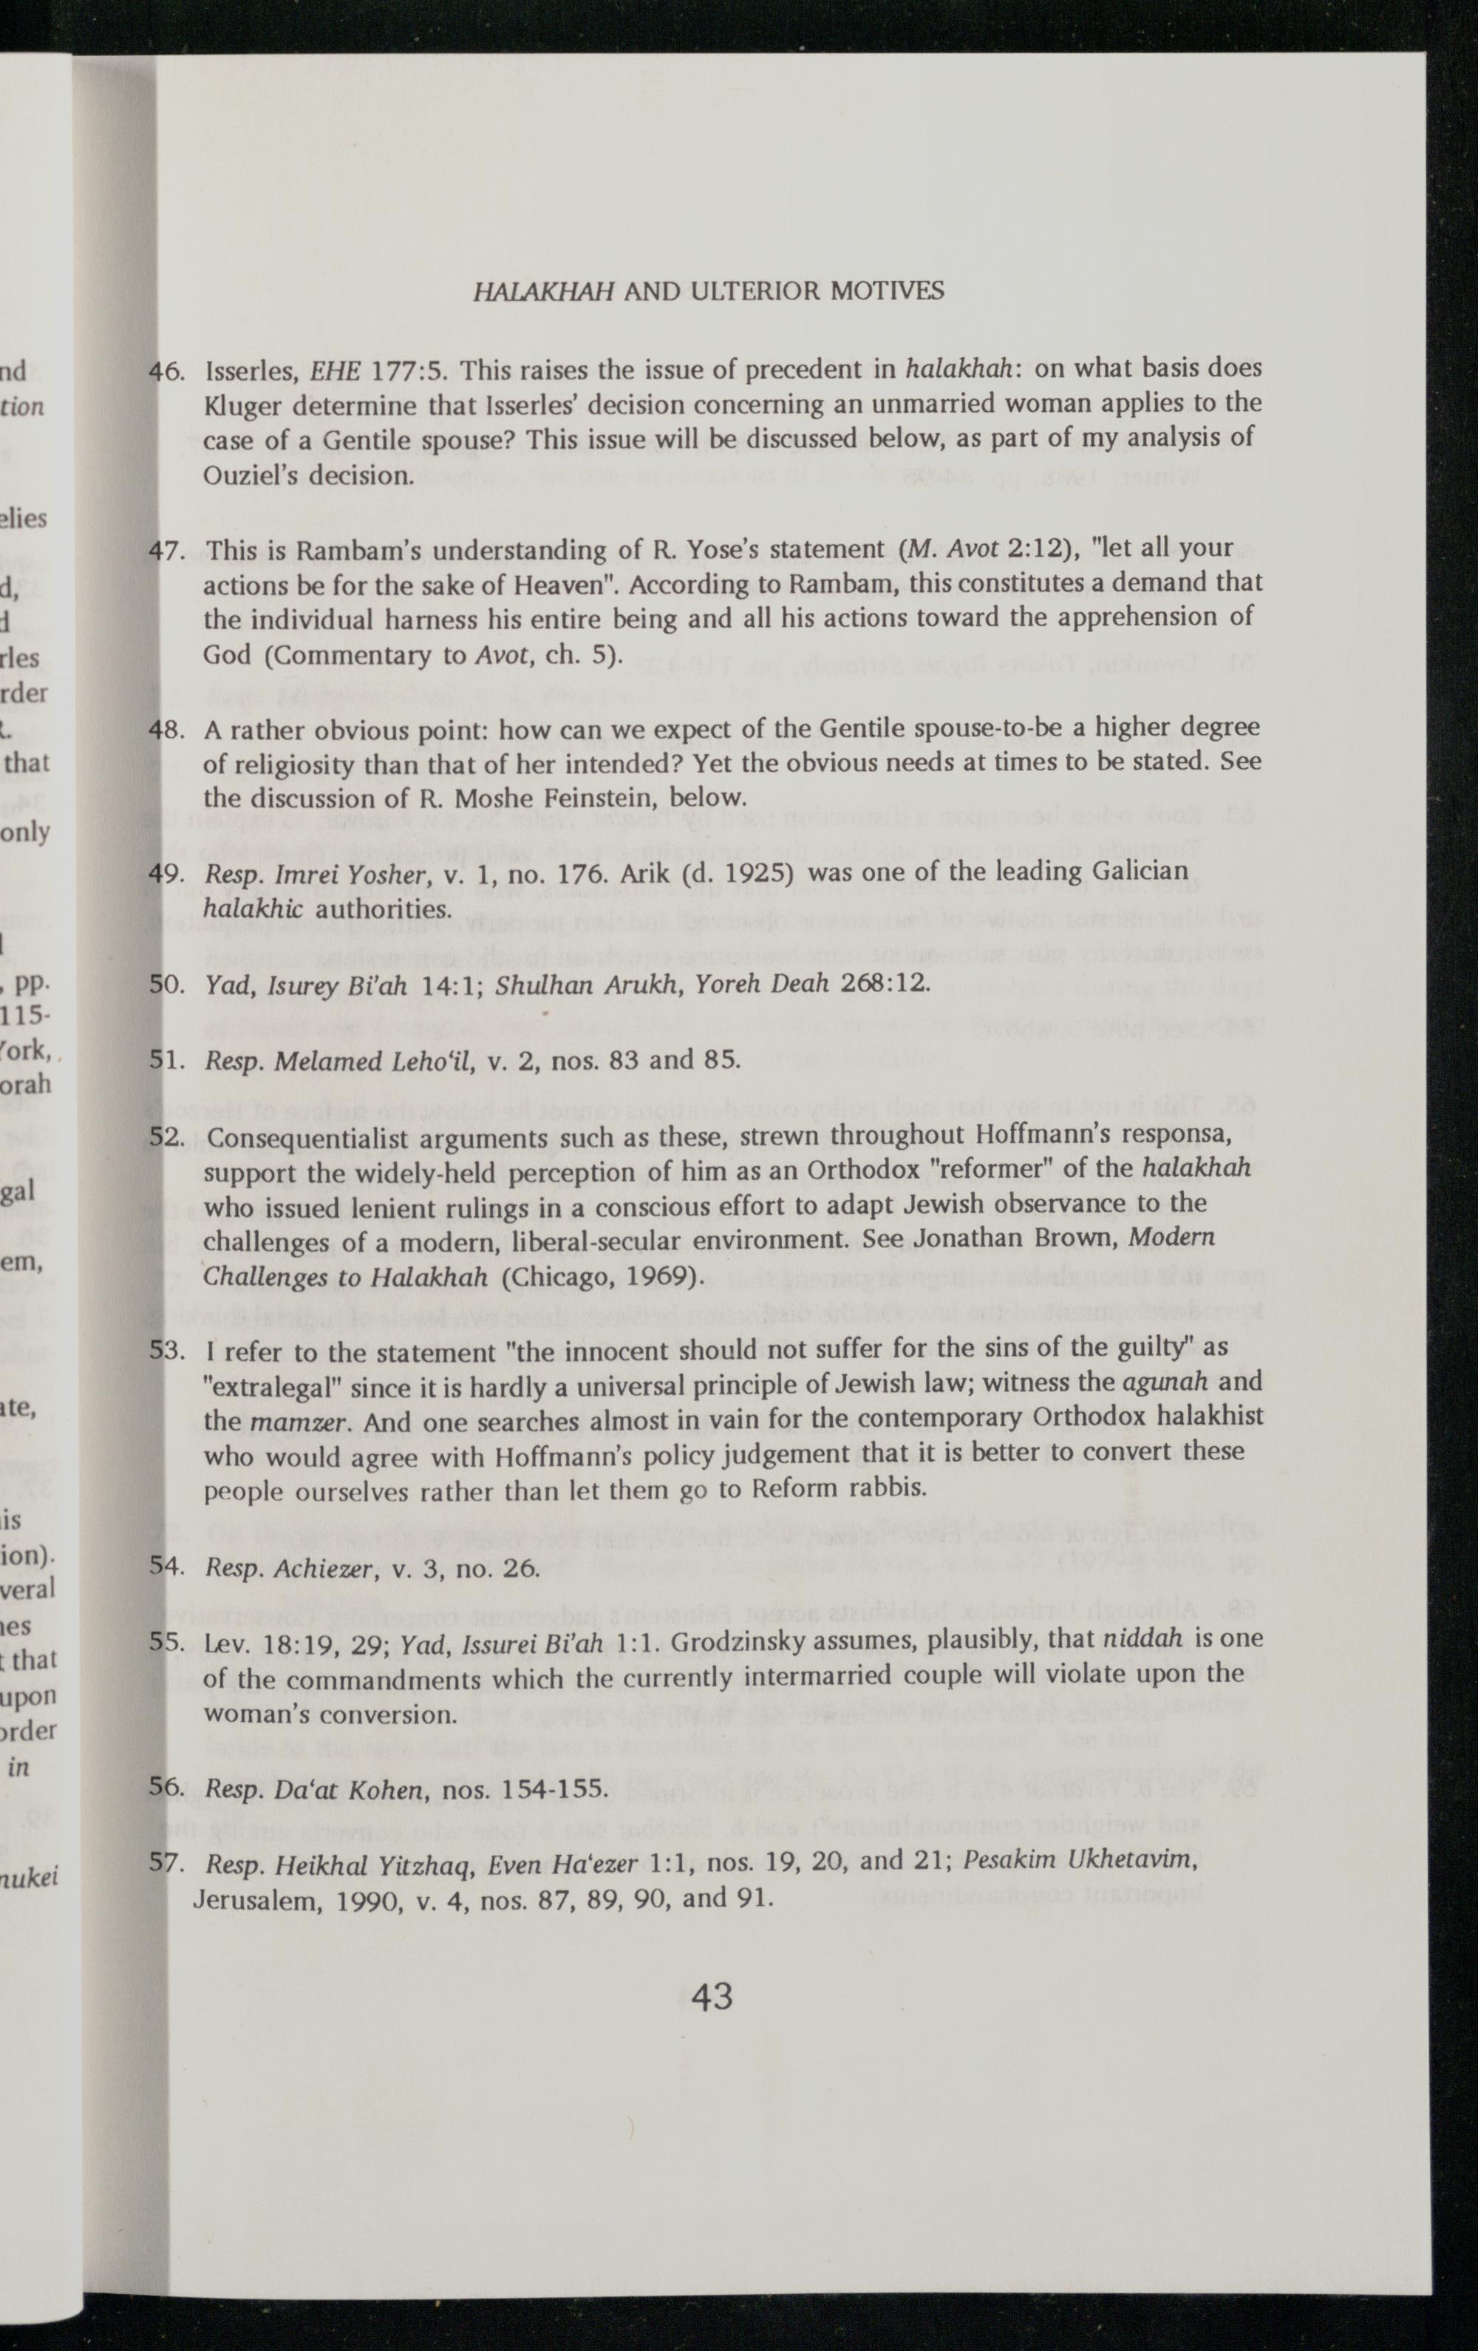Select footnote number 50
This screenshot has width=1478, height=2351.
[168, 983]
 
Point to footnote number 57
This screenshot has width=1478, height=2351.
[167, 1863]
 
